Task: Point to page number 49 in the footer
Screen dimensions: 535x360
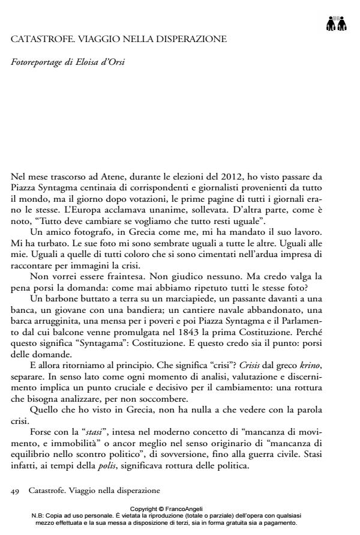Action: pos(16,490)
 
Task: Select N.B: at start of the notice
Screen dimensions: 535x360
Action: pos(40,515)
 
